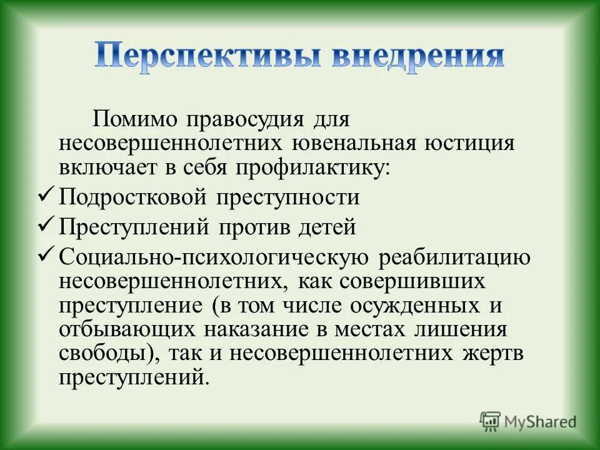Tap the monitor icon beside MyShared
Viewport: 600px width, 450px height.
click(x=491, y=422)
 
